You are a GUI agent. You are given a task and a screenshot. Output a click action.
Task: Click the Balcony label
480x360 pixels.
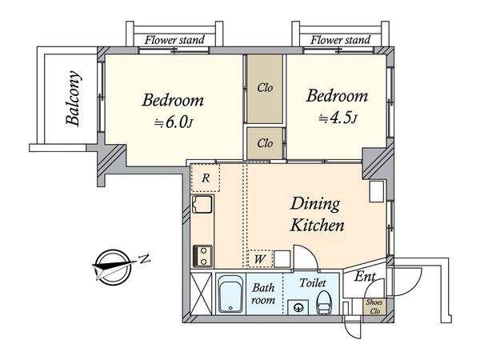point(74,98)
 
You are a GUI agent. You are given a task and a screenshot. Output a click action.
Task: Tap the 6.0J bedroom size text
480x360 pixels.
point(174,122)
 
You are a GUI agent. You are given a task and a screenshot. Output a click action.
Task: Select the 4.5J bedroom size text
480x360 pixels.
point(338,118)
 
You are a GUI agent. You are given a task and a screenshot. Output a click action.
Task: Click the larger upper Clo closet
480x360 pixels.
point(265,89)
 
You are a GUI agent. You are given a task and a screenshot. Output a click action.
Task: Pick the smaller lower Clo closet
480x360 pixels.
point(265,143)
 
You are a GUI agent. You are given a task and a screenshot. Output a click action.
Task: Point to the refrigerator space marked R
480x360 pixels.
point(205,178)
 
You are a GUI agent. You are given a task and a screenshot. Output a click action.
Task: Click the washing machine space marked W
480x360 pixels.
point(259,259)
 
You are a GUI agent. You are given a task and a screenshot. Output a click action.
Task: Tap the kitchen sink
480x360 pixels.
point(202,204)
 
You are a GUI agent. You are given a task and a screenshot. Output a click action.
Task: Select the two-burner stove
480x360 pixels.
point(202,256)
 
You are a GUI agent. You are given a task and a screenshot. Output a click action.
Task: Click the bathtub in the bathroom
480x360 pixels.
point(230,294)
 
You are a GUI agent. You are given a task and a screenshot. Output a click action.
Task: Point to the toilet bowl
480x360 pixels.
point(322,302)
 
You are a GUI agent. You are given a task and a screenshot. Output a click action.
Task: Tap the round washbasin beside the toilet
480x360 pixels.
point(298,307)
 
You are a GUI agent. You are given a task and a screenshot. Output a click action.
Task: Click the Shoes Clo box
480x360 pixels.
point(374,306)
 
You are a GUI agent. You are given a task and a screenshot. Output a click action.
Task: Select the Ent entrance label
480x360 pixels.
point(365,277)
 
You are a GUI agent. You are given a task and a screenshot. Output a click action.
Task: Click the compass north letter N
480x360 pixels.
point(145,259)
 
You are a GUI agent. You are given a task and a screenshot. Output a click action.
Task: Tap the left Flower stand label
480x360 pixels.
point(174,40)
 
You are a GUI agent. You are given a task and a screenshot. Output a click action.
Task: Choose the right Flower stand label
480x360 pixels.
point(341,40)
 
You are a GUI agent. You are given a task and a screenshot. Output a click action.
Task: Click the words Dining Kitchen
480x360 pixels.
point(317,214)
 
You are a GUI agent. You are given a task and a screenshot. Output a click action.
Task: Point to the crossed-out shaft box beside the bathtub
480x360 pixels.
point(201,294)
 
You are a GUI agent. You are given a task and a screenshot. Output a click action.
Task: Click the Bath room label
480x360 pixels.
point(263,294)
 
